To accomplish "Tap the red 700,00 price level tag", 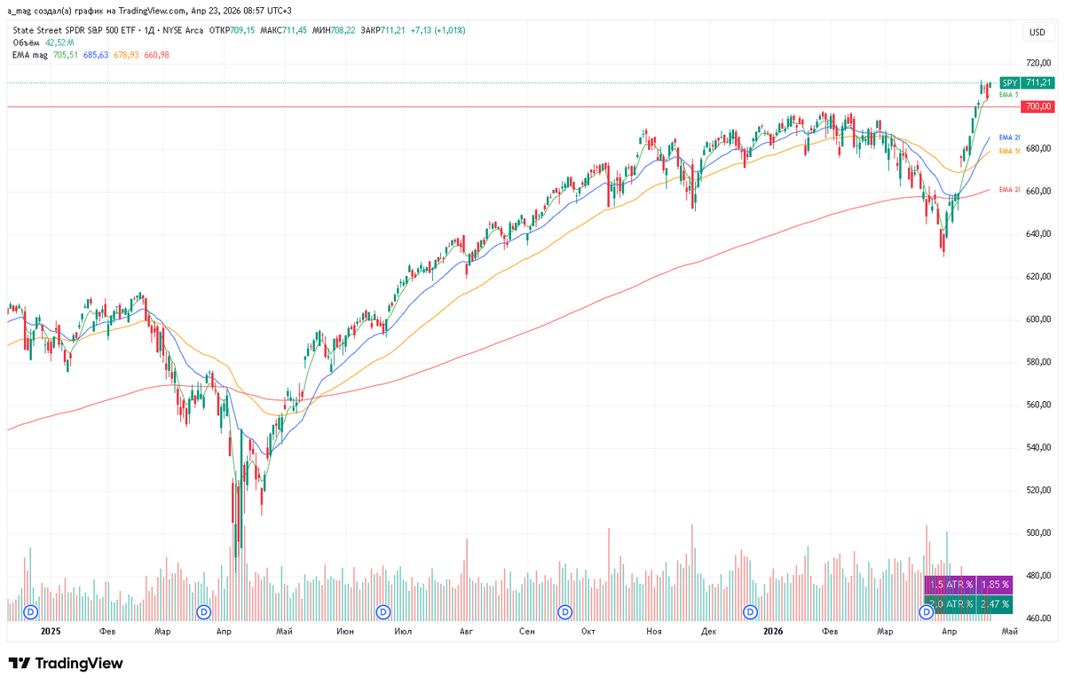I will (1035, 106).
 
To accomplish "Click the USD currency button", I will (1036, 33).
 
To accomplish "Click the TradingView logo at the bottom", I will (66, 664).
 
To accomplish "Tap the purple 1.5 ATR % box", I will (951, 585).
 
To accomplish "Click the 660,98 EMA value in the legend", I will (156, 54).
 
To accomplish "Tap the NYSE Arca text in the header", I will (181, 30).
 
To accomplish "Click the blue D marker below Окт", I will (565, 611).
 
